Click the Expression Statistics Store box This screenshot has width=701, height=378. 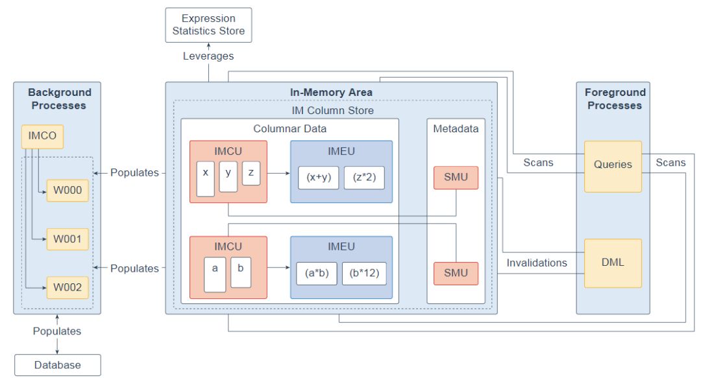click(208, 25)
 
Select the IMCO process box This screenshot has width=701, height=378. click(43, 136)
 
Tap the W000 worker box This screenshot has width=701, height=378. click(68, 191)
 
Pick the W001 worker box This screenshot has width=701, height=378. click(68, 239)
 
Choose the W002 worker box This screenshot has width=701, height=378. click(68, 287)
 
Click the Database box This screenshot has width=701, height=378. click(58, 365)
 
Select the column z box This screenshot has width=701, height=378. click(251, 174)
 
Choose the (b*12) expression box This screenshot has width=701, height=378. click(364, 273)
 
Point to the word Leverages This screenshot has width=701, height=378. click(208, 56)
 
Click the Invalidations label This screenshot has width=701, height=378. click(537, 263)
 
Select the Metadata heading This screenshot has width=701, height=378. click(456, 129)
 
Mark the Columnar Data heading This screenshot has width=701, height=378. click(289, 129)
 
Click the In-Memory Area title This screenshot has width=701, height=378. click(331, 93)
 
